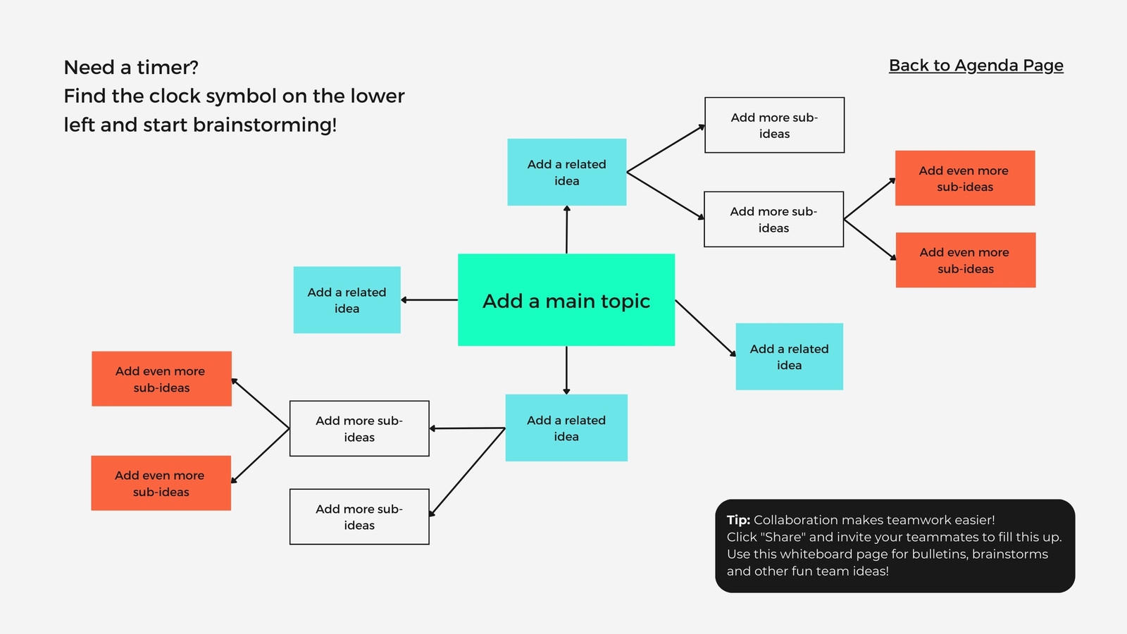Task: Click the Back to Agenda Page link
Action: click(x=976, y=66)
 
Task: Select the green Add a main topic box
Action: click(x=566, y=300)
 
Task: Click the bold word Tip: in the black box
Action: click(x=738, y=520)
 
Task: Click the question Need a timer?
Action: click(x=131, y=67)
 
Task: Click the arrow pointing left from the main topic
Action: click(x=429, y=300)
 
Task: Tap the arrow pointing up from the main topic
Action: click(x=566, y=230)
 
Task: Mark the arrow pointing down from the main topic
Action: click(x=566, y=371)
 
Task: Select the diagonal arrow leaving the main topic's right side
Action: click(x=705, y=328)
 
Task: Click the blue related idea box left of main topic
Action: click(x=347, y=300)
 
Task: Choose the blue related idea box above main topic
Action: click(x=567, y=172)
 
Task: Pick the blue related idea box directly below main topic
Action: click(x=566, y=428)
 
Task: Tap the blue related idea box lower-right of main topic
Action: click(x=790, y=356)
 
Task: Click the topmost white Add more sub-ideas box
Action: click(x=774, y=125)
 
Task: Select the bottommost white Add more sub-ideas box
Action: click(x=359, y=517)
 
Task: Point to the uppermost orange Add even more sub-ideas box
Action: click(x=965, y=178)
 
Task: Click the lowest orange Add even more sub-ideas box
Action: click(x=161, y=483)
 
